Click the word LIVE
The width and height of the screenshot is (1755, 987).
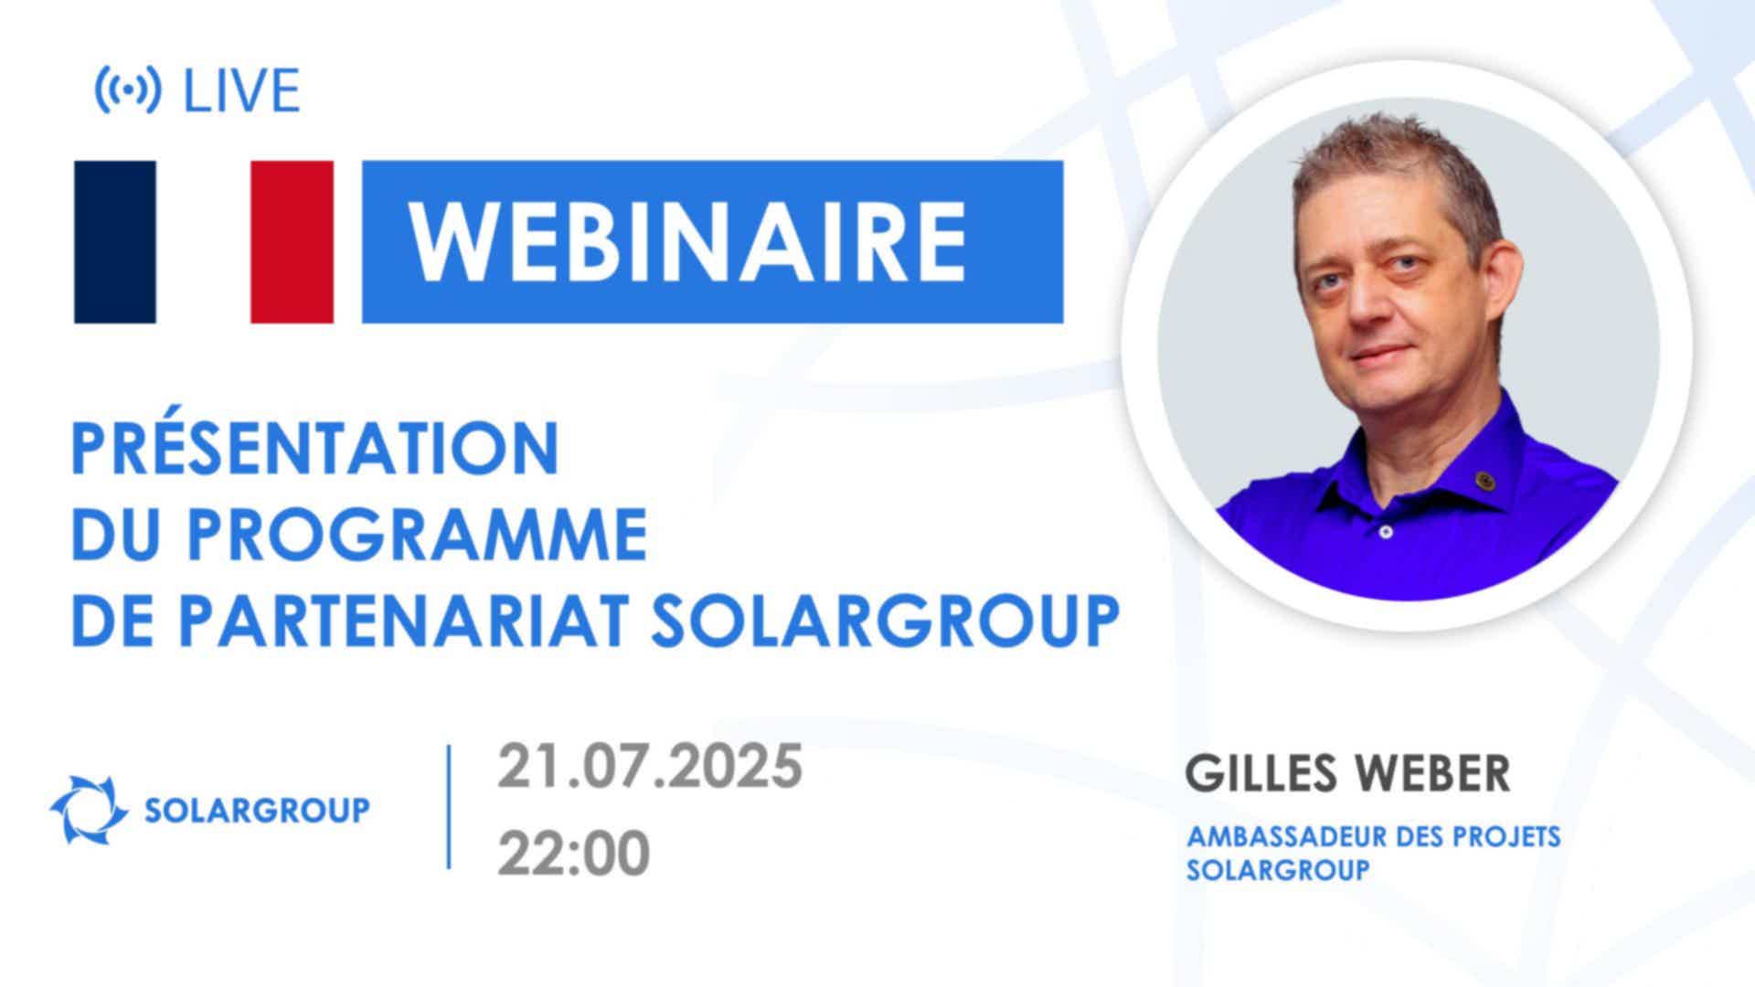pyautogui.click(x=242, y=90)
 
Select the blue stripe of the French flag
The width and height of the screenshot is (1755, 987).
pyautogui.click(x=115, y=242)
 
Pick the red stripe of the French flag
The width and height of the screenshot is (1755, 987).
pyautogui.click(x=292, y=242)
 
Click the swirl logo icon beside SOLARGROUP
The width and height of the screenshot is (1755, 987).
pyautogui.click(x=89, y=809)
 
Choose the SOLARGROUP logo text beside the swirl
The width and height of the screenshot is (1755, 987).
pyautogui.click(x=258, y=810)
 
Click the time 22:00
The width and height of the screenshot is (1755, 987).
pyautogui.click(x=573, y=853)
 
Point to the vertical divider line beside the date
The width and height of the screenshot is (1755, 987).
pyautogui.click(x=449, y=806)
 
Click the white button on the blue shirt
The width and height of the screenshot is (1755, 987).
pyautogui.click(x=1386, y=531)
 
